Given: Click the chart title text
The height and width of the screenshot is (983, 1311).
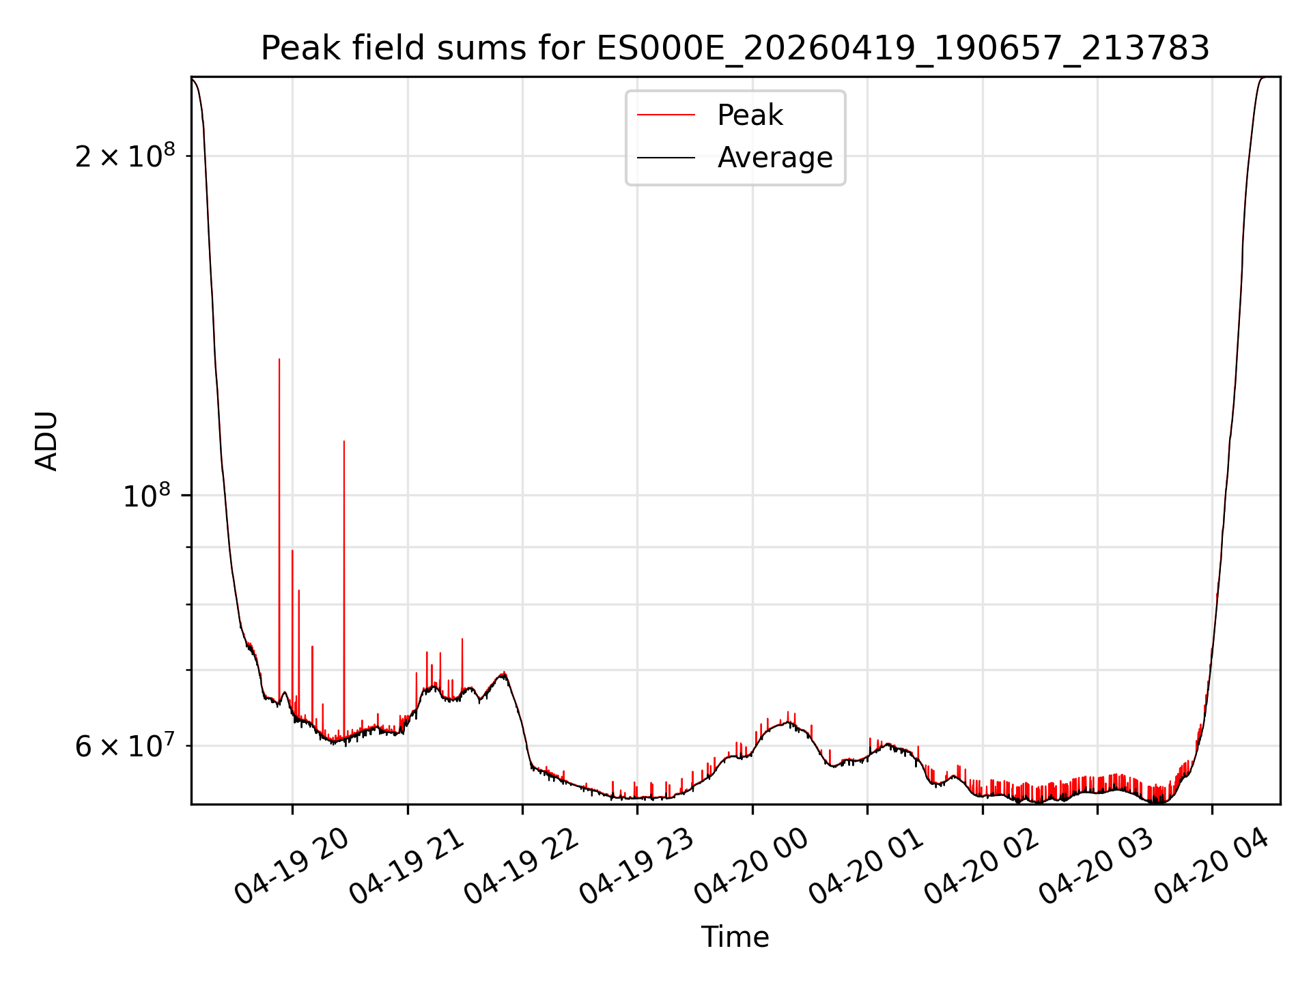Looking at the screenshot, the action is (x=735, y=48).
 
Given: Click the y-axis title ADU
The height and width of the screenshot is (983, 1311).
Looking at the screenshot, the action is (x=46, y=441).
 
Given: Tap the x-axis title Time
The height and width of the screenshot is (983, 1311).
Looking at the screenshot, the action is (x=735, y=937).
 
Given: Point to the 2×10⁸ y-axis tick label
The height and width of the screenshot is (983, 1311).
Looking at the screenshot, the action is (x=125, y=156).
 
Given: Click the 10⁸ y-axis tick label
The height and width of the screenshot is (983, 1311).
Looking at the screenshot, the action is (x=146, y=495).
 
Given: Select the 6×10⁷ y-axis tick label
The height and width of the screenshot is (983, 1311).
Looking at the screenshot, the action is (x=125, y=745).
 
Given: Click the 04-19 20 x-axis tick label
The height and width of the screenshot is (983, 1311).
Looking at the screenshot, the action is (x=292, y=866).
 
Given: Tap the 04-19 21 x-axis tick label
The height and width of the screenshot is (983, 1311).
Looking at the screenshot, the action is (x=407, y=866).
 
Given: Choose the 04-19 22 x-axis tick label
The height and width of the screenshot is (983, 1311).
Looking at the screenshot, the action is (x=522, y=866).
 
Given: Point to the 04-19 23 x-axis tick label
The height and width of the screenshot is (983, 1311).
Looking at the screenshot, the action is (x=637, y=866).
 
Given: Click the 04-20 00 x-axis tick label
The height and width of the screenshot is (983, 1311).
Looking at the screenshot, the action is (x=752, y=866).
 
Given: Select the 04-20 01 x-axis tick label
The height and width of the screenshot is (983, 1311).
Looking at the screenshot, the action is (x=867, y=866).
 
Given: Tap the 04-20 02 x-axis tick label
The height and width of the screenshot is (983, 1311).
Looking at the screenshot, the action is (x=982, y=866).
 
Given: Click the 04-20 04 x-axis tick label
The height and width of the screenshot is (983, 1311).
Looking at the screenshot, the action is (x=1212, y=866).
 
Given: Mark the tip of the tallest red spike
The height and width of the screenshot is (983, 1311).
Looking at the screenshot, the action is (x=279, y=359).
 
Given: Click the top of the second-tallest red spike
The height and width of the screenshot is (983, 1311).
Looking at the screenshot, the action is (x=344, y=441).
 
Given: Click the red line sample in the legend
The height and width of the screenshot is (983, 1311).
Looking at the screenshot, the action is (x=666, y=115).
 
